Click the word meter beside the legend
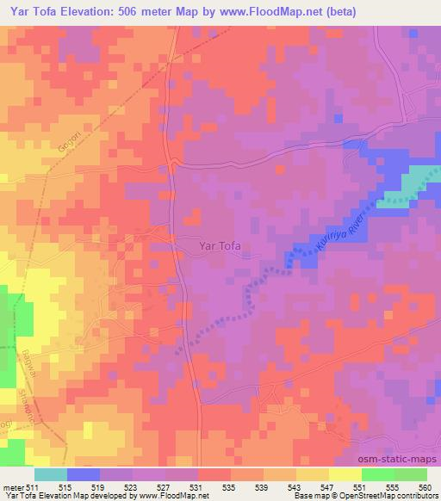(14, 487)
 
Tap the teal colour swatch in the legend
(52, 474)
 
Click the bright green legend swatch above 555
(377, 474)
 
